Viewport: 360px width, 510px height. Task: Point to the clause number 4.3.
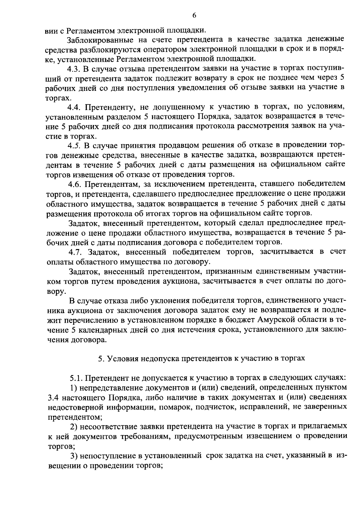73,69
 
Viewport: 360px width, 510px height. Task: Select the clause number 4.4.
73,107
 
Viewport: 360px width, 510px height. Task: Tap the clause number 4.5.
73,146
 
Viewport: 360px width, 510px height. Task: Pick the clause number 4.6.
73,183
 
